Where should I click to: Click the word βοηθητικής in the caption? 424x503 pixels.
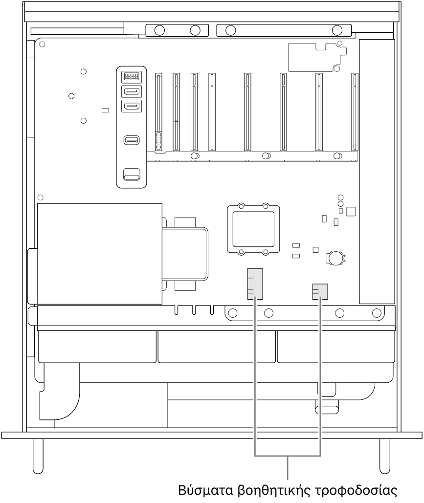point(273,490)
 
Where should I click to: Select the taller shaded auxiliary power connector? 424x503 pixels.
point(255,284)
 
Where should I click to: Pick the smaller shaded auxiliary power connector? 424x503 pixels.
point(320,292)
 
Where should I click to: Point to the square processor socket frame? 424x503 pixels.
point(253,229)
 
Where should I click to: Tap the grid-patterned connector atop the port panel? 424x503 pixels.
point(131,76)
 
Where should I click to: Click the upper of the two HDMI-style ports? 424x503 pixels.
point(131,92)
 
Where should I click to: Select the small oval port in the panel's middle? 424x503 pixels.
point(131,140)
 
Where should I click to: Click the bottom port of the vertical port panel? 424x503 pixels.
point(131,175)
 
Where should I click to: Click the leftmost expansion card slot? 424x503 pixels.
point(158,112)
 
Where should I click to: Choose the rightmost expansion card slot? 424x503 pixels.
point(355,112)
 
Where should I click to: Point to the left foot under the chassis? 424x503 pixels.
point(38,456)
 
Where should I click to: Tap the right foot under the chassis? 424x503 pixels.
point(385,456)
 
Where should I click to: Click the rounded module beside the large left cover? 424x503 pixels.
point(185,254)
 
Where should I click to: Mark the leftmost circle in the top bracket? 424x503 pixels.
point(159,30)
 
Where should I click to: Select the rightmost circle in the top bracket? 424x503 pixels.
point(337,30)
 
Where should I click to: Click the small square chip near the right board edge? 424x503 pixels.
point(351,211)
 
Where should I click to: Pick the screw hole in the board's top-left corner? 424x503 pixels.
point(42,44)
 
